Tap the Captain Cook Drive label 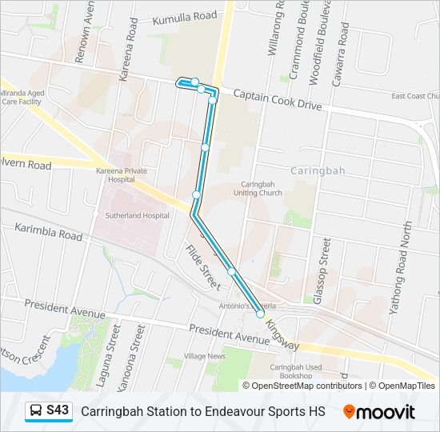(277, 100)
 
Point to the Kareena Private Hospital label (122, 176)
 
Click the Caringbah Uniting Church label (256, 188)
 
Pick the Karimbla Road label (48, 232)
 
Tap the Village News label (205, 356)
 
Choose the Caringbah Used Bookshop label (296, 370)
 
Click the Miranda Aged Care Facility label (22, 98)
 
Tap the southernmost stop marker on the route (260, 314)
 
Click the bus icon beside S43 (36, 411)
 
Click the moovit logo (379, 412)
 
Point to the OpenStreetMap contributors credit (306, 386)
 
